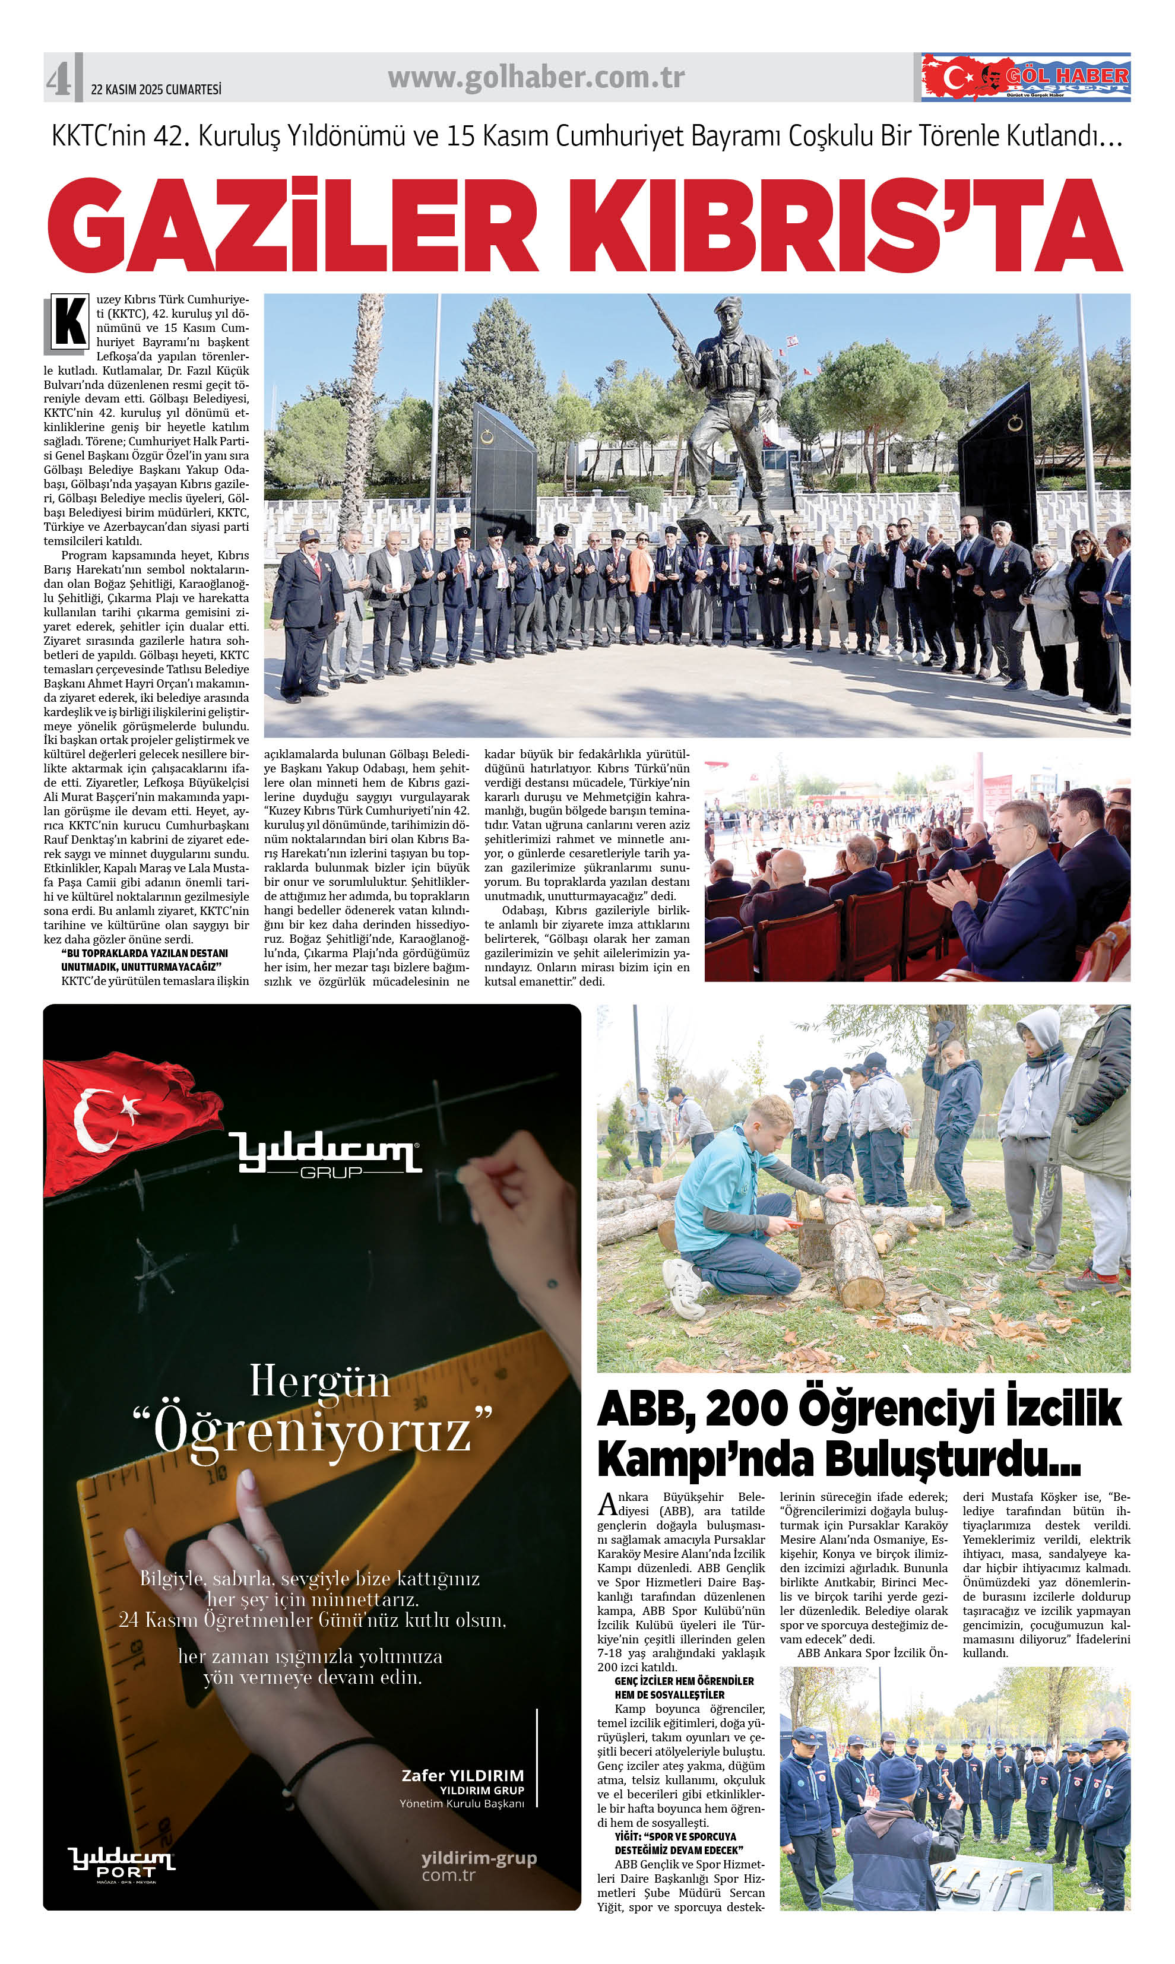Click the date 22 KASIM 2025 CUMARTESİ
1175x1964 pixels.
click(x=156, y=90)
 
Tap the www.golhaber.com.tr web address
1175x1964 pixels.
click(x=536, y=78)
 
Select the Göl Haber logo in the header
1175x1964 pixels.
click(x=1025, y=78)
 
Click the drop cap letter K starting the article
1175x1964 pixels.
click(x=69, y=322)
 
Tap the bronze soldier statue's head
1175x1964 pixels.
click(x=726, y=311)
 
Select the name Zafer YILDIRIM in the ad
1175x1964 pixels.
click(x=463, y=1776)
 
